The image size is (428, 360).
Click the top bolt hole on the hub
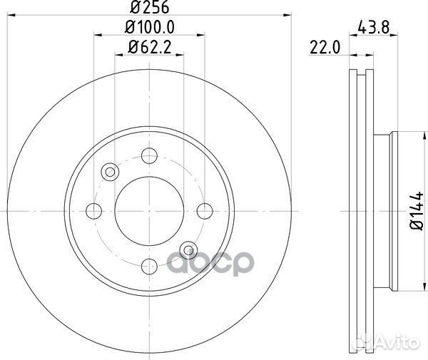click(149, 155)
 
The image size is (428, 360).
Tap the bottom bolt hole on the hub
click(149, 266)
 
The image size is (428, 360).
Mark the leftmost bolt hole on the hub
click(93, 210)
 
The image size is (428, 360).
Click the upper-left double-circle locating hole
click(110, 172)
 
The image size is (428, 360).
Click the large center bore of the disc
click(149, 210)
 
